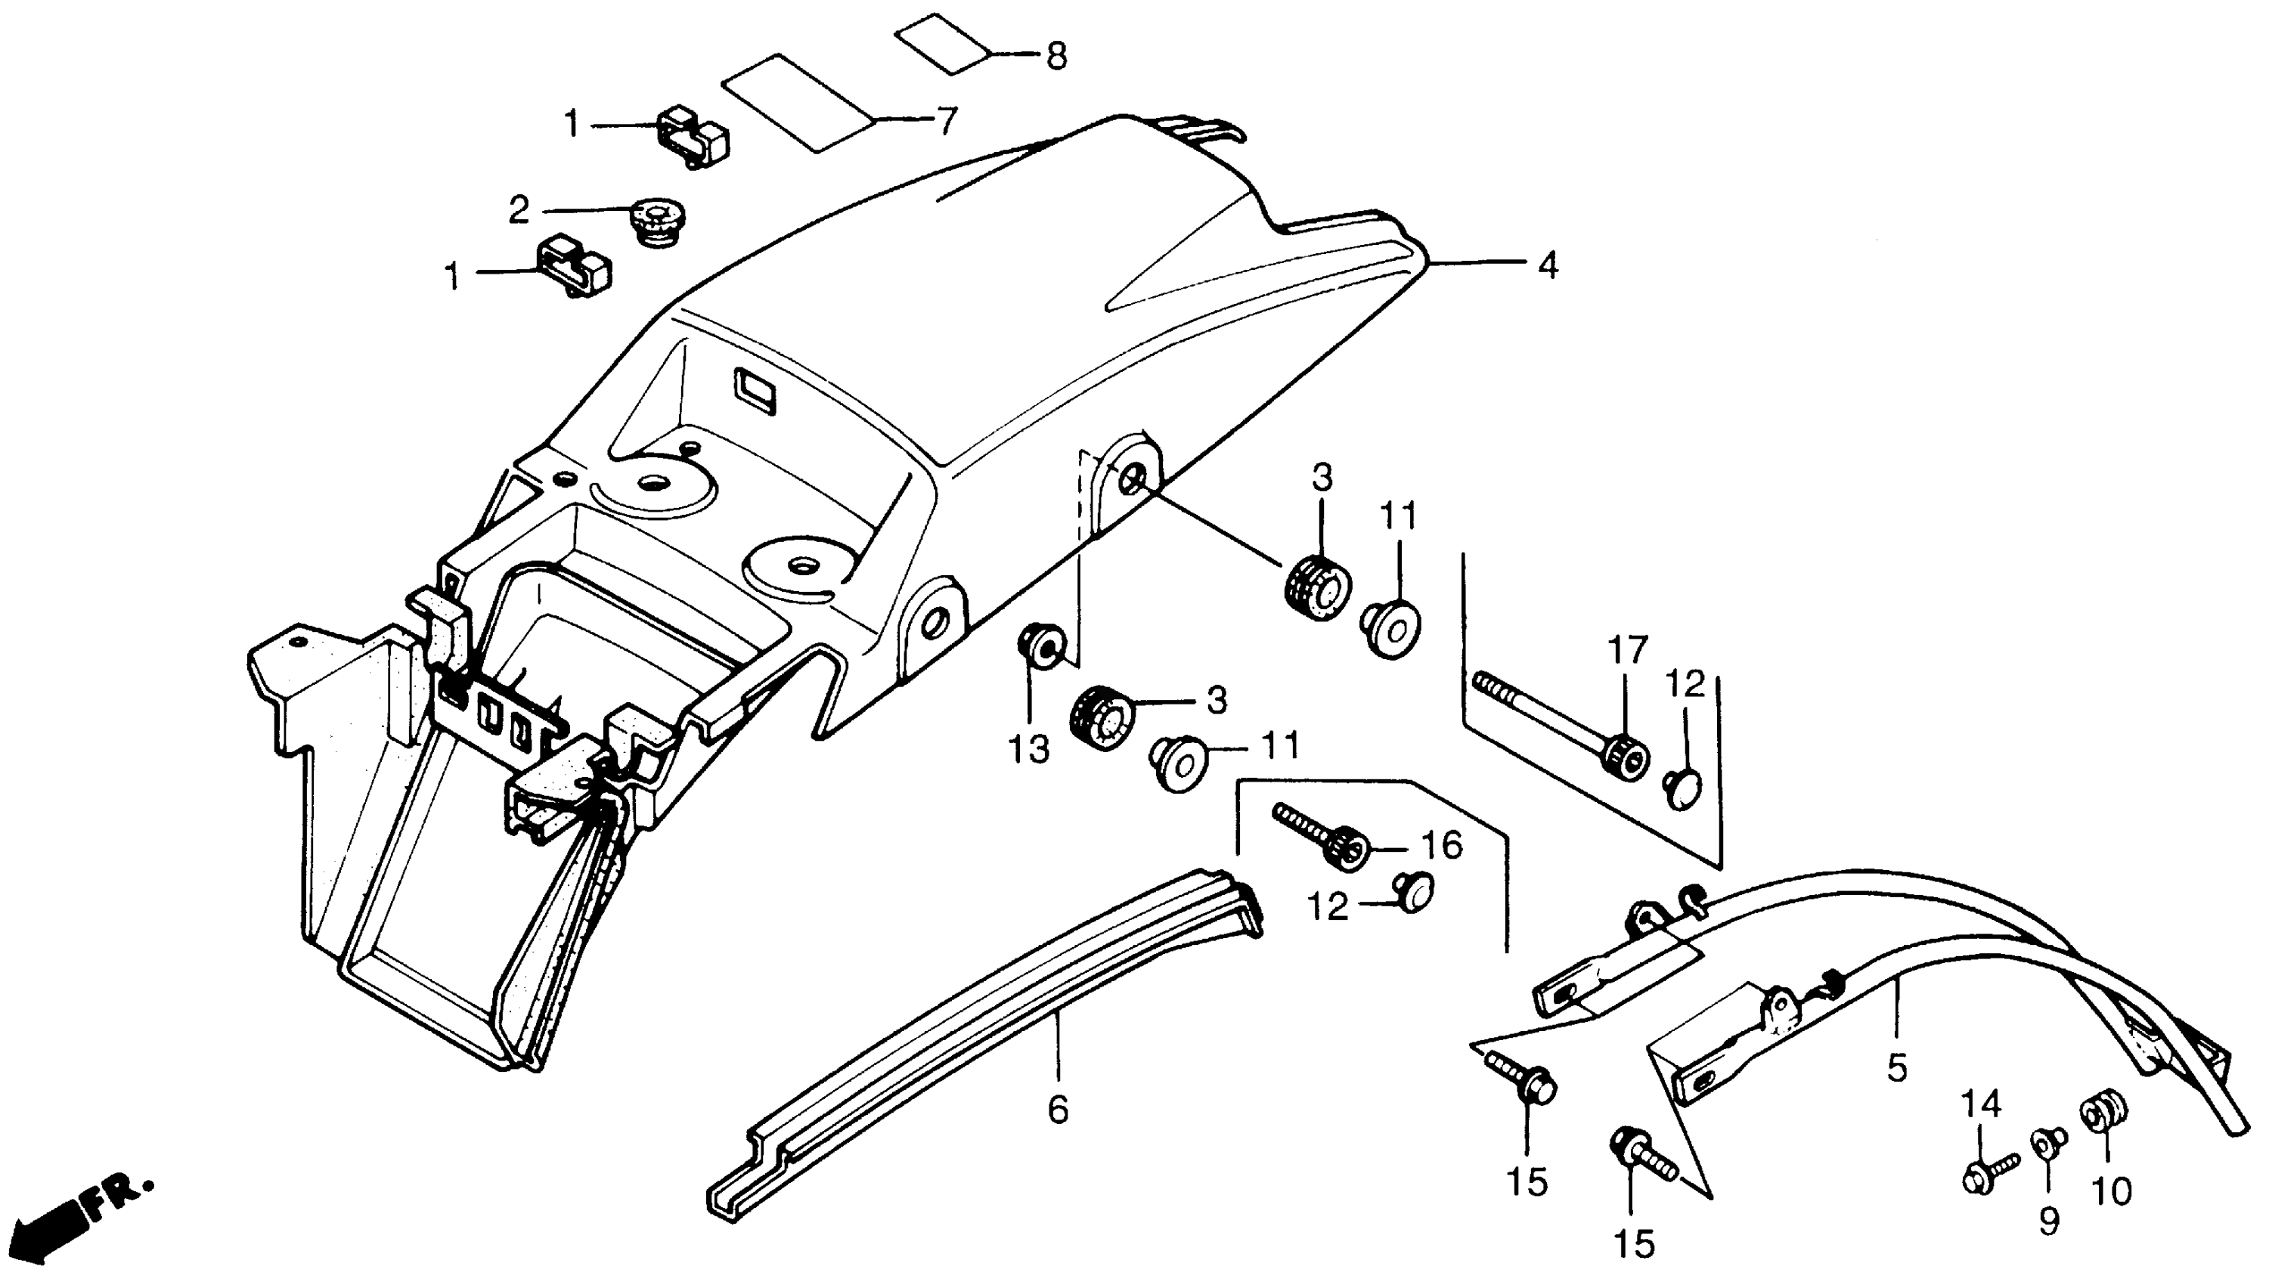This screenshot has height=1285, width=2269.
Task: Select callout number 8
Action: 1055,57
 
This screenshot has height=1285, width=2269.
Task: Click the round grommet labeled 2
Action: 659,220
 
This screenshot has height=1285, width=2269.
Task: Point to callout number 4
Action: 1547,265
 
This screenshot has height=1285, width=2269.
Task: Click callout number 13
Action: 1029,749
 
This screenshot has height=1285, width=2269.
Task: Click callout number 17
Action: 1627,651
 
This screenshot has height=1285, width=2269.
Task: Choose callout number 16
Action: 1442,844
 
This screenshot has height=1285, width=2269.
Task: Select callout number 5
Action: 1896,1067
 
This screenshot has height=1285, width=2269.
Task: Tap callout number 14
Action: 1981,1104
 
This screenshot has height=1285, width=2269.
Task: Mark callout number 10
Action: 2112,1191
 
